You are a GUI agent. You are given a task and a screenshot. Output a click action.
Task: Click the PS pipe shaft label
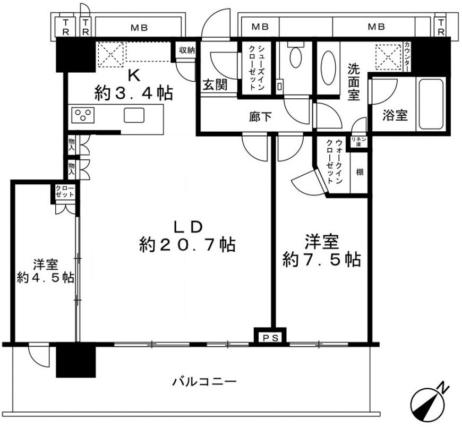[270, 338]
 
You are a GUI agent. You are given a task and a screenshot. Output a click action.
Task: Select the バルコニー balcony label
[204, 382]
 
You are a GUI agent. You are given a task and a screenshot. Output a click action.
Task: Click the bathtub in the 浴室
[431, 104]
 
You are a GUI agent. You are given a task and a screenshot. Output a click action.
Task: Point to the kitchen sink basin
[134, 115]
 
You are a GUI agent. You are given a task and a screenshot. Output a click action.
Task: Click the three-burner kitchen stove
[83, 115]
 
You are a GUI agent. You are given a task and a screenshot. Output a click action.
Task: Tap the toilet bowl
[295, 57]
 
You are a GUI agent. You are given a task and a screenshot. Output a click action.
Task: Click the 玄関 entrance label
[216, 86]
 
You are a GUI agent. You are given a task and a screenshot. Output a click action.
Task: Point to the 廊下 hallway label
[260, 117]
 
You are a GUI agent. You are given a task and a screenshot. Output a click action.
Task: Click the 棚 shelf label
[360, 172]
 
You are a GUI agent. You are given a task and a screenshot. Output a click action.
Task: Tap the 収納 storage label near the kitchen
[187, 50]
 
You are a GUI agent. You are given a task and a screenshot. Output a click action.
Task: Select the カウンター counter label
[407, 57]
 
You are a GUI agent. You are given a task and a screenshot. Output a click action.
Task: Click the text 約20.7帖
[187, 245]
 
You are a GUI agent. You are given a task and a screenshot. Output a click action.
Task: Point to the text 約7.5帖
[321, 260]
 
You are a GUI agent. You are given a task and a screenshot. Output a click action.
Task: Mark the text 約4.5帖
[45, 278]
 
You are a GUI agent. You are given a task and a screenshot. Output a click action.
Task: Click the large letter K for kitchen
[133, 76]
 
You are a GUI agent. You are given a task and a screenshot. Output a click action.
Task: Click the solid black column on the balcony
[76, 361]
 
